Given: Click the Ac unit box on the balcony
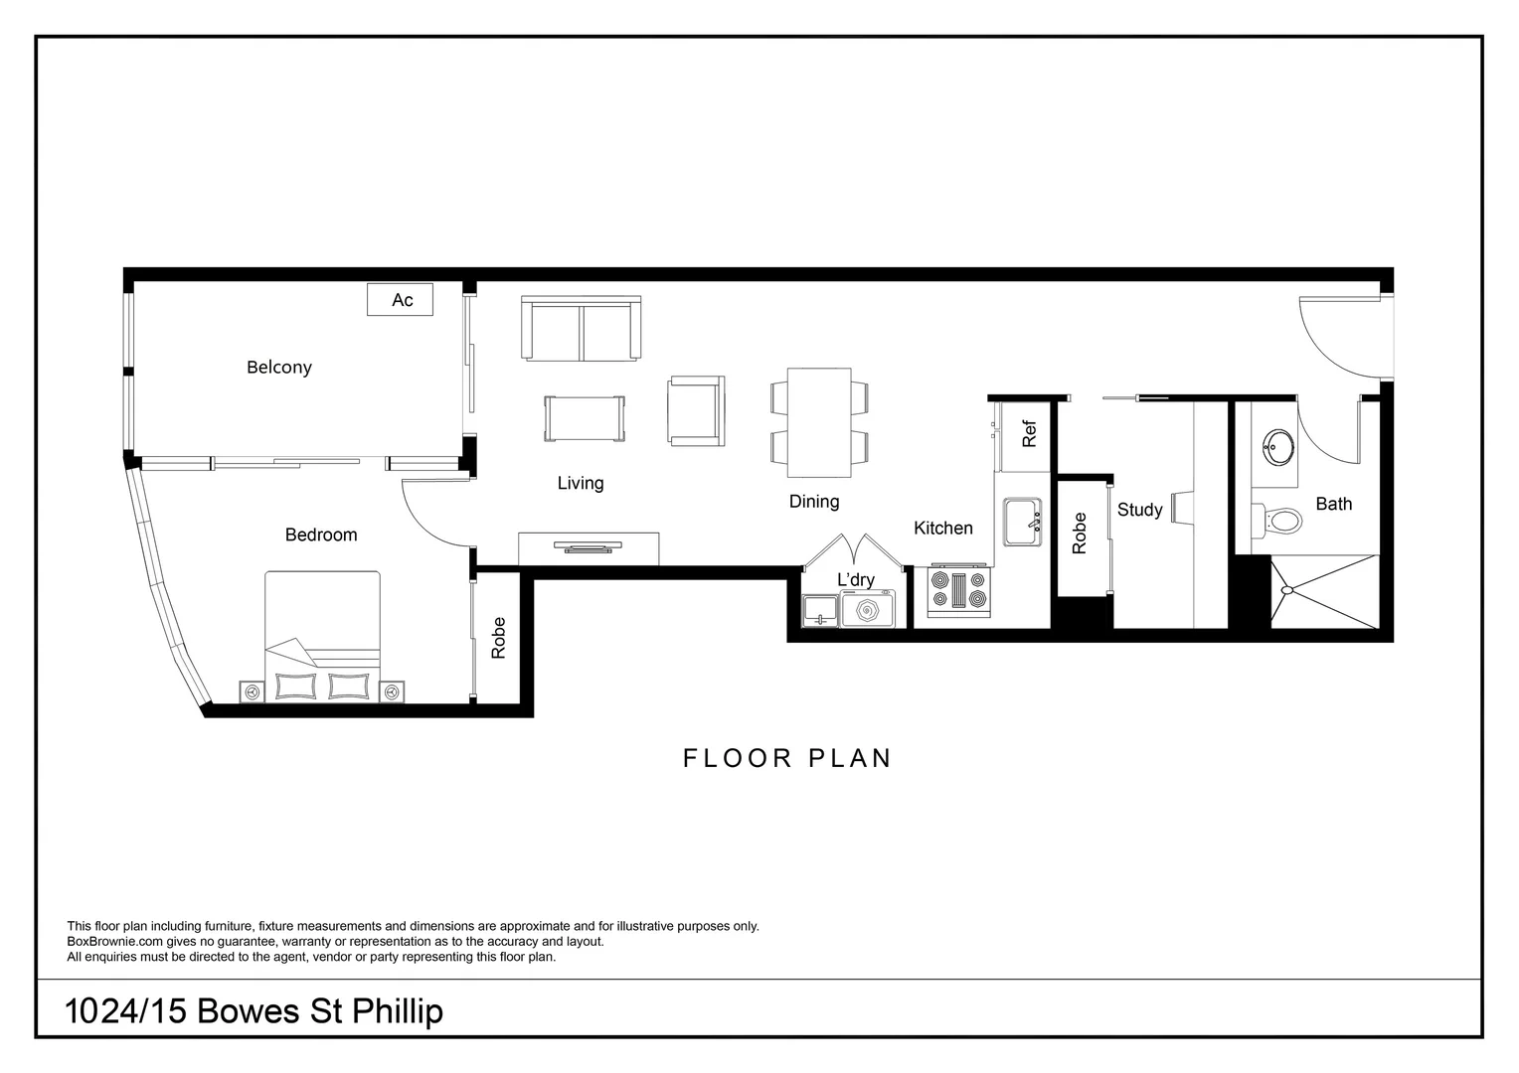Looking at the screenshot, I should click(400, 300).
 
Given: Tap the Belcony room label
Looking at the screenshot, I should click(279, 368).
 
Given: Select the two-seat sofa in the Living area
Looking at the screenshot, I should click(583, 329).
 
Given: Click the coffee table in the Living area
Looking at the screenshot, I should click(585, 418).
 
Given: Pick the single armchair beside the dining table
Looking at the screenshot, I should click(696, 410).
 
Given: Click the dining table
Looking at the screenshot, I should click(819, 423).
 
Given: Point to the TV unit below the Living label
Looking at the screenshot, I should click(589, 548).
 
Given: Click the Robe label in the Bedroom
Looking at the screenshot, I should click(499, 638).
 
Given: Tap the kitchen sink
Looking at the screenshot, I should click(1021, 522).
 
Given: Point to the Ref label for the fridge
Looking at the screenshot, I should click(1029, 434).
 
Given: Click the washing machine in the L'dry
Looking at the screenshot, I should click(867, 609).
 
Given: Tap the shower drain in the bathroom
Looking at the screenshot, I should click(1287, 590).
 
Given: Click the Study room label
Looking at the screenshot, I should click(1139, 510).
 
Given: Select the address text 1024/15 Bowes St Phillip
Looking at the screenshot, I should click(253, 1011).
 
